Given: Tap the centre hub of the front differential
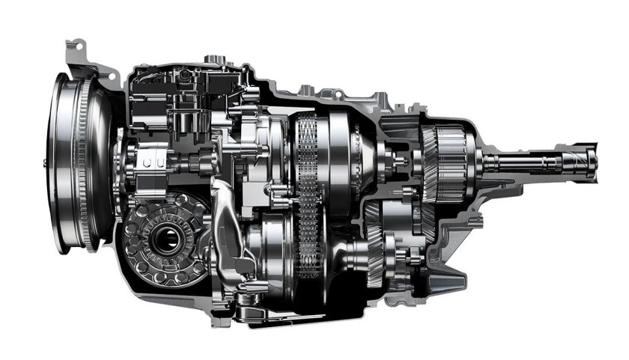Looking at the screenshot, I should (x=162, y=241).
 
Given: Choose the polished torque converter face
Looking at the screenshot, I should (x=64, y=157).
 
